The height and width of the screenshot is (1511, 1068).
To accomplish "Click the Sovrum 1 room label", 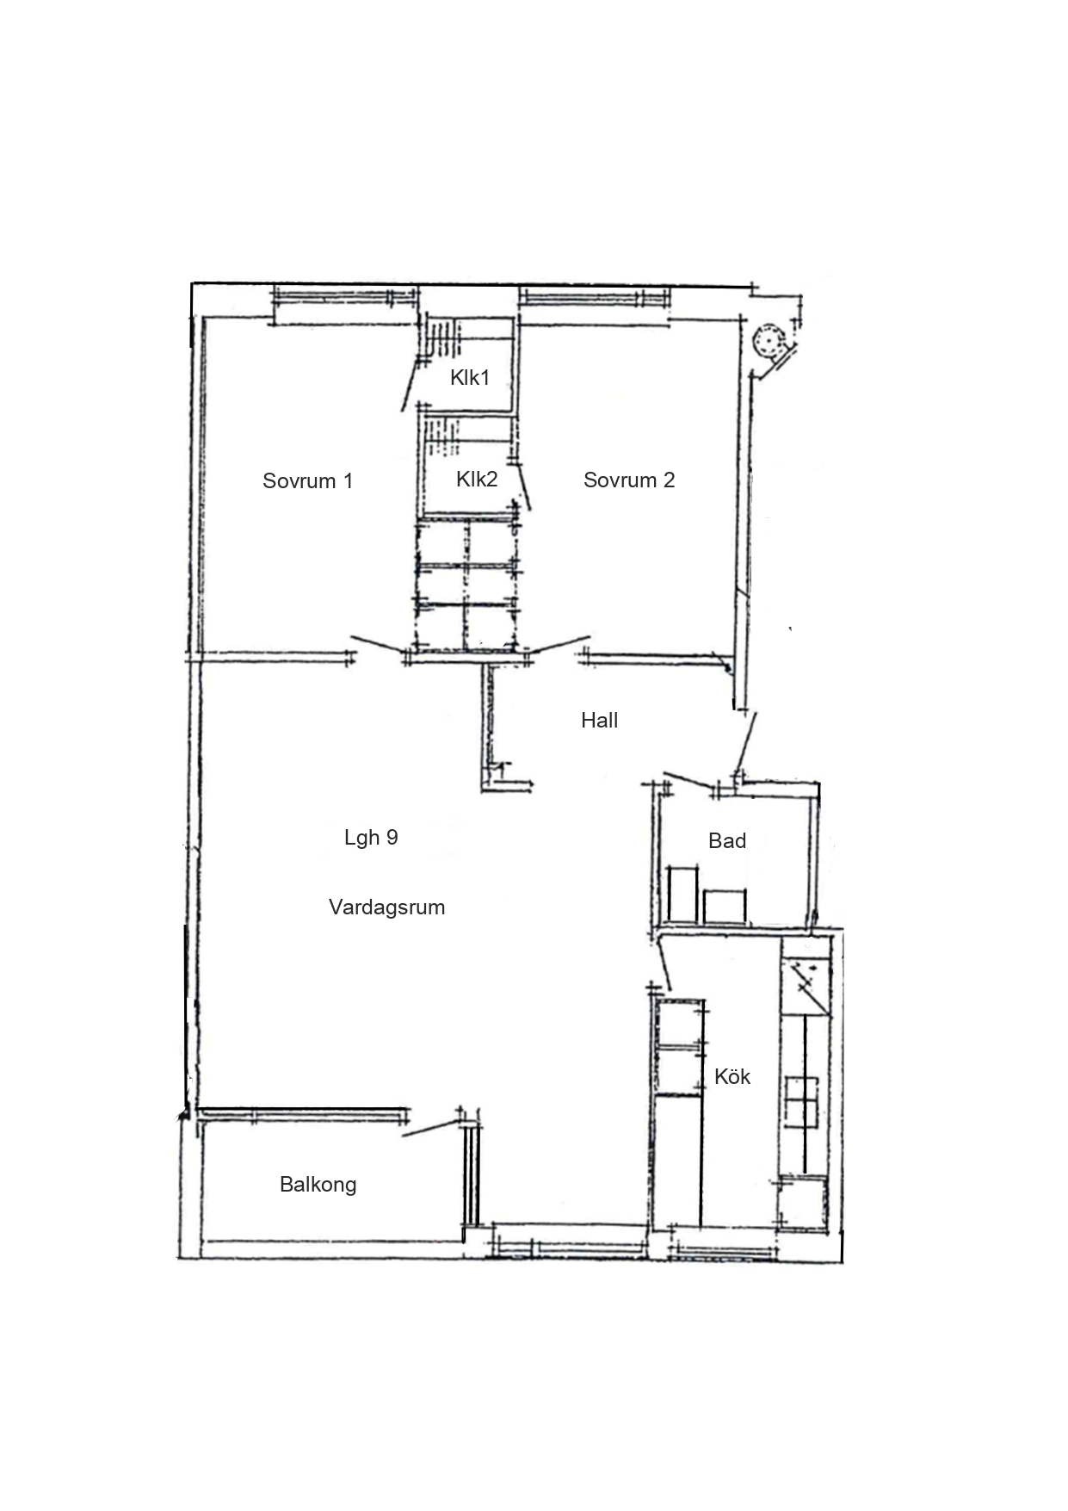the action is click(307, 480).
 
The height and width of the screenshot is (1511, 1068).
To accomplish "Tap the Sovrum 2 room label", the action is click(629, 480).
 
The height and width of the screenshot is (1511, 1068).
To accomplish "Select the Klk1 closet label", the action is click(470, 377).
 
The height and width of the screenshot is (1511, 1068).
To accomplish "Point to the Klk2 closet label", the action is click(477, 479).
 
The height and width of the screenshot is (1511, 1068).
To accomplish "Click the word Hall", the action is click(599, 720).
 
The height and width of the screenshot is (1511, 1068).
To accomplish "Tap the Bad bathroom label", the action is click(727, 840).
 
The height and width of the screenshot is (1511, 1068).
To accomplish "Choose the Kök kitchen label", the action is click(732, 1076).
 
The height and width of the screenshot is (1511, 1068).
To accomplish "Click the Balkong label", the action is click(318, 1185).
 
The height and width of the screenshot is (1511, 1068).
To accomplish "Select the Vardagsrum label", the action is click(386, 907).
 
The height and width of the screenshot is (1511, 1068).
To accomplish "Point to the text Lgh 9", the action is click(371, 837).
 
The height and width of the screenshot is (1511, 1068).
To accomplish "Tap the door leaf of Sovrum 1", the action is click(378, 646).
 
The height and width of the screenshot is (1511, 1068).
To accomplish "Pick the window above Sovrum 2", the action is click(594, 298).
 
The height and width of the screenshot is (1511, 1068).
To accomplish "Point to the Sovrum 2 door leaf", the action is click(560, 646).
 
